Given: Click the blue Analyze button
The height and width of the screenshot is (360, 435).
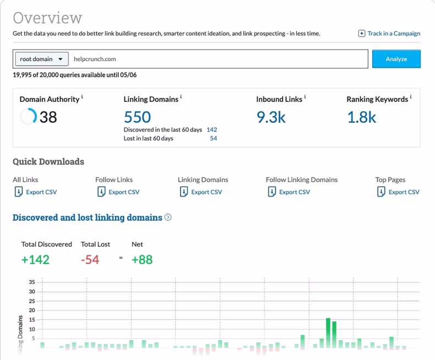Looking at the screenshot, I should point(396,59).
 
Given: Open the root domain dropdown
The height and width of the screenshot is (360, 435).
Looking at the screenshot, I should point(41,59).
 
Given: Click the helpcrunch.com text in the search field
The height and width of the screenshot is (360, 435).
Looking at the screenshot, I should point(95,59).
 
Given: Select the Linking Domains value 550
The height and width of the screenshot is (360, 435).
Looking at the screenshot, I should point(137,117).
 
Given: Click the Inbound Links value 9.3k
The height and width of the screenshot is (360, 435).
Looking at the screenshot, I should point(271,117).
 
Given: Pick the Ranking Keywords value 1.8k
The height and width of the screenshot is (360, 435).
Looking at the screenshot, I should point(361,117).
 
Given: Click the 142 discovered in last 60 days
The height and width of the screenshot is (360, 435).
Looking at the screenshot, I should point(211,129).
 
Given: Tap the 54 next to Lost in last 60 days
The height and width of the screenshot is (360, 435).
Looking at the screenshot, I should point(213,139).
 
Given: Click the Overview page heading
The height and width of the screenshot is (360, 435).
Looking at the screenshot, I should point(47,18).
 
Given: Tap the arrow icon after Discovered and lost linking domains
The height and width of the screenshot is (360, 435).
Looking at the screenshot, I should point(168,217).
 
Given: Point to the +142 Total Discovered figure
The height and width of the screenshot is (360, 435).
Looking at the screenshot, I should point(35,260).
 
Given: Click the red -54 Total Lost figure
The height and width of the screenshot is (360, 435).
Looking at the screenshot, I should point(90,260).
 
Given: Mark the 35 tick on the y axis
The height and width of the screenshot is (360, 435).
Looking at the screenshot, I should point(32,281).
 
